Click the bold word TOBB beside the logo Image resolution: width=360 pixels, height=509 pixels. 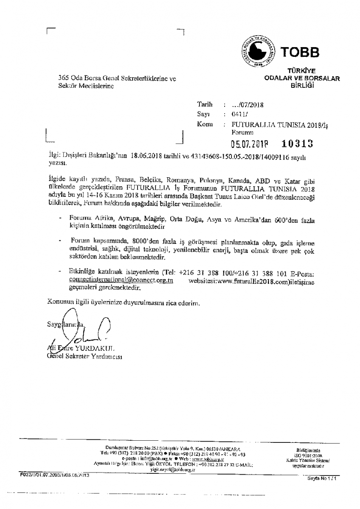[299, 52]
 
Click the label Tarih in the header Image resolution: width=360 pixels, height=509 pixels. [205, 104]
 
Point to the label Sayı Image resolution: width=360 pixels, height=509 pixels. [204, 114]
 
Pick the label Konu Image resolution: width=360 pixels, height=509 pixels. [205, 124]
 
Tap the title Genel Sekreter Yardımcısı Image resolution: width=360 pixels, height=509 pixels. [84, 356]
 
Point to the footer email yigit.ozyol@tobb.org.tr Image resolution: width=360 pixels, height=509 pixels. [172, 470]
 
